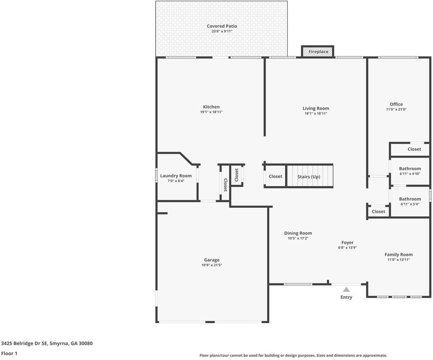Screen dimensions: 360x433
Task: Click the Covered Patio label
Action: [x=222, y=26]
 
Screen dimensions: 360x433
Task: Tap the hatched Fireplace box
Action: [x=318, y=52]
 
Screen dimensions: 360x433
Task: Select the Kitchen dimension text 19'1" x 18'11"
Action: [x=211, y=112]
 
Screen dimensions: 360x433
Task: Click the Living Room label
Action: [x=316, y=108]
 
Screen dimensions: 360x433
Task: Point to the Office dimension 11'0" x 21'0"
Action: [x=396, y=109]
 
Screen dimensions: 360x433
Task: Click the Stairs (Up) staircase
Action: [x=309, y=176]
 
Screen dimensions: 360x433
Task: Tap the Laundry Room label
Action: [x=176, y=176]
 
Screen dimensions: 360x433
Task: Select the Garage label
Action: [x=212, y=260]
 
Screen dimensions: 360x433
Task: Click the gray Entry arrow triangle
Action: [x=346, y=289]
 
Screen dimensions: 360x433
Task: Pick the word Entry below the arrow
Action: [x=346, y=297]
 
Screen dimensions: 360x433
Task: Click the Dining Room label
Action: [x=298, y=233]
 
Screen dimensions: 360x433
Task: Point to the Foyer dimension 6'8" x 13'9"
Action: [x=347, y=247]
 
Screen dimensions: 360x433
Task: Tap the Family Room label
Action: [x=398, y=255]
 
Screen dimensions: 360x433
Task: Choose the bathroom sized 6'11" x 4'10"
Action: [x=410, y=171]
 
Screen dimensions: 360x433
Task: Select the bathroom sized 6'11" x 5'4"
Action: [x=410, y=201]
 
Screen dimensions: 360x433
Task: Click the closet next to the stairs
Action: [x=275, y=176]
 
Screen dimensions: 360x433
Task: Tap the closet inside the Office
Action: [x=414, y=149]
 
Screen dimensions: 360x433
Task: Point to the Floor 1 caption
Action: [x=9, y=353]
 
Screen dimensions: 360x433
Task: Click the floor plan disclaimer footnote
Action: [x=293, y=355]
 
